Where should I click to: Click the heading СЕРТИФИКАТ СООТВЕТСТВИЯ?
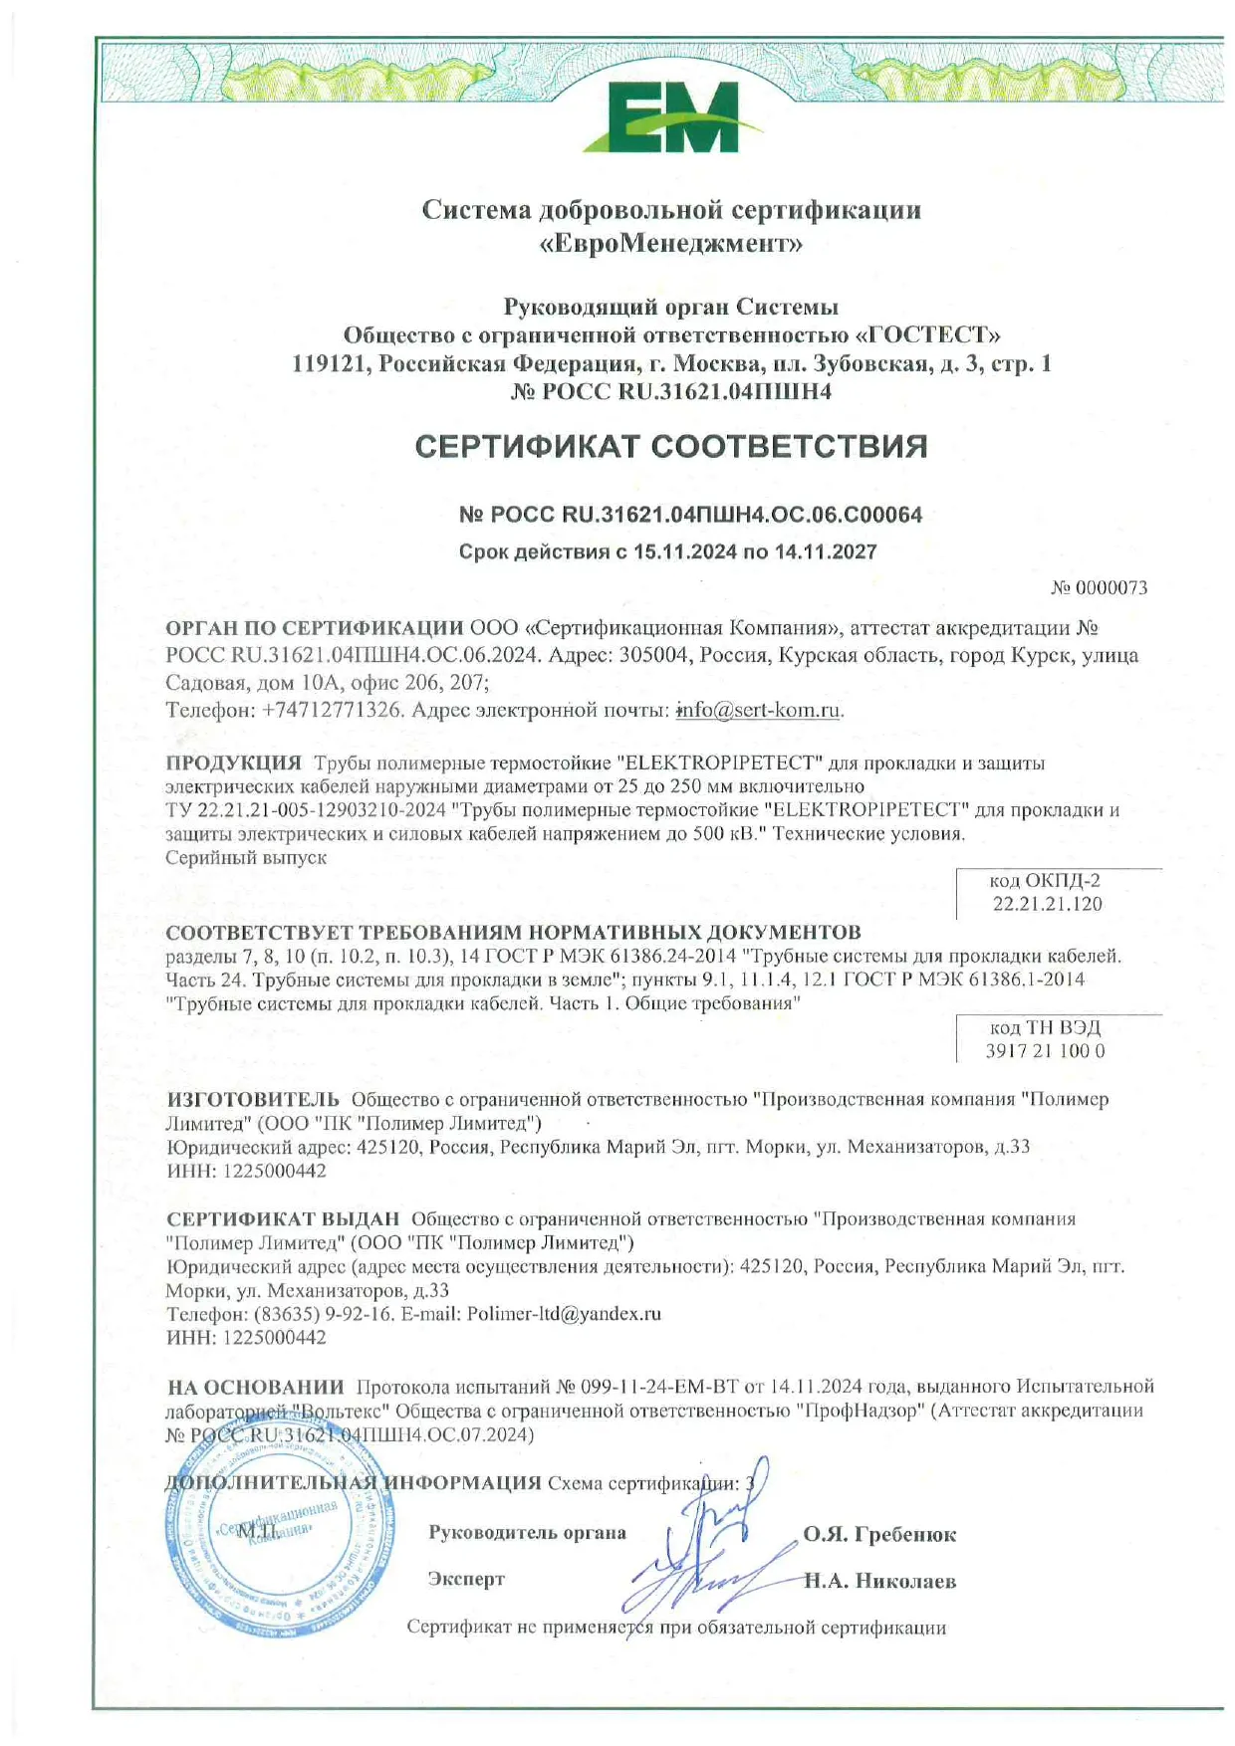pos(670,447)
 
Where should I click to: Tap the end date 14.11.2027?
pos(825,551)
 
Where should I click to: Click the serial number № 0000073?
pos(1099,588)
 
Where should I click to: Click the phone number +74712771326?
pos(333,710)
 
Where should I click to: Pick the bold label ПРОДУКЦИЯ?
pos(233,763)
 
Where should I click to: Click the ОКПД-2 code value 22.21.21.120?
pos(1047,904)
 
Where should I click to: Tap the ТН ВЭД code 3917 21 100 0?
pos(1045,1051)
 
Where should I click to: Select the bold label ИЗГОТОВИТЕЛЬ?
pos(253,1099)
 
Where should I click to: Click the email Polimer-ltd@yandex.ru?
pos(564,1313)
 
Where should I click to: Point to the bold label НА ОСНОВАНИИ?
pos(255,1387)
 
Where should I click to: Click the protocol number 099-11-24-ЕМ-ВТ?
pos(658,1387)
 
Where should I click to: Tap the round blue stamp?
pos(275,1538)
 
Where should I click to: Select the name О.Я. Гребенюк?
pos(879,1535)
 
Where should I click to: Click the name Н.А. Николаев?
pos(880,1581)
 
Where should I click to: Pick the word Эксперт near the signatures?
pos(466,1579)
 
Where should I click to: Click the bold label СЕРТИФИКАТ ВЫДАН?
pos(283,1218)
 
